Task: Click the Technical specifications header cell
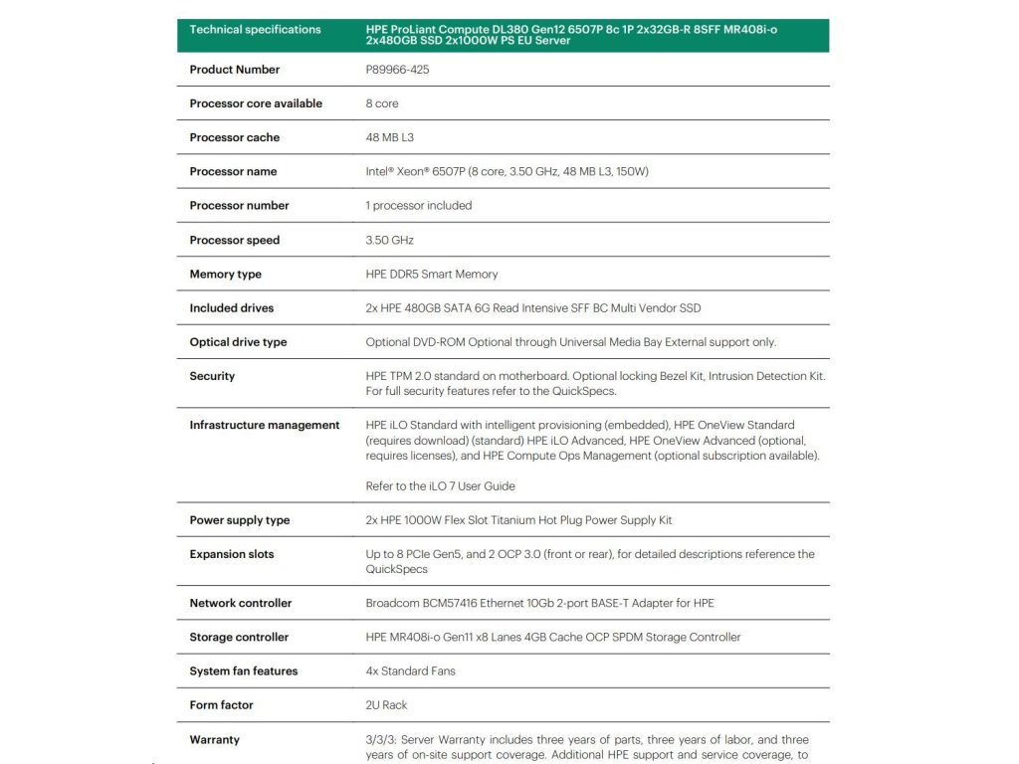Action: tap(255, 30)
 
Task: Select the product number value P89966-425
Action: tap(397, 70)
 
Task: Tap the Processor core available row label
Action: tap(256, 103)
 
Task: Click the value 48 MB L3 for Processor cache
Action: tap(389, 137)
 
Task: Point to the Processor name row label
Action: tap(233, 171)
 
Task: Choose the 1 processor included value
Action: tap(418, 206)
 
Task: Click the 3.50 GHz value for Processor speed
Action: tap(389, 240)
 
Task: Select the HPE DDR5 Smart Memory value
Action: tap(431, 274)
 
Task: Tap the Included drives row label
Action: tap(231, 308)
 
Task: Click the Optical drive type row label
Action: tap(238, 342)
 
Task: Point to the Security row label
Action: tap(212, 376)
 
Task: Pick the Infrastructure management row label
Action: tap(264, 425)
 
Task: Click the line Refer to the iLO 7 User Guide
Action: tap(440, 486)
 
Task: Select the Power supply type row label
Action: tap(239, 520)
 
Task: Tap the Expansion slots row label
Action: tap(231, 554)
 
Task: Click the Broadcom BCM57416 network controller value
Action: tap(539, 603)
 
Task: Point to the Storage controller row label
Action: tap(239, 637)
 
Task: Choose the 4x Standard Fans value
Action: tap(410, 670)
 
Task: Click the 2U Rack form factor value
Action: tap(386, 704)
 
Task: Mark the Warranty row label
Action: tap(214, 739)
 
